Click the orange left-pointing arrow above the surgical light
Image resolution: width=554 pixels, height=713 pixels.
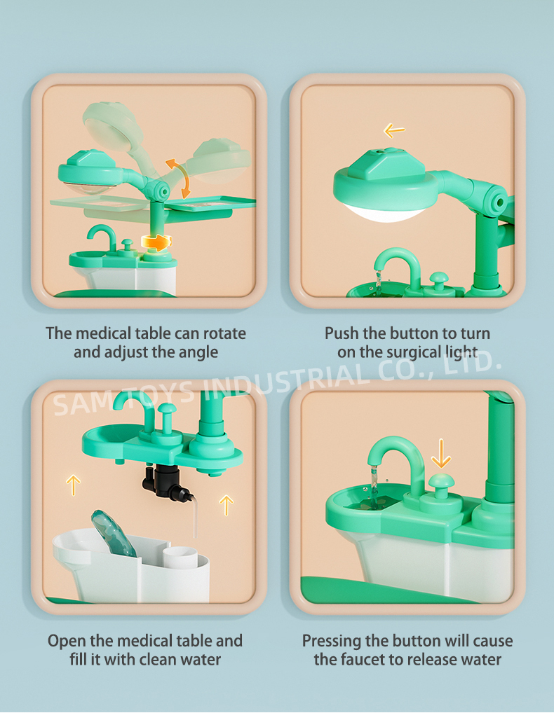coord(394,131)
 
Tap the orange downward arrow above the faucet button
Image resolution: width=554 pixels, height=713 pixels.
coord(440,453)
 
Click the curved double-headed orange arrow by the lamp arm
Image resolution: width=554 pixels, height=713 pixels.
coord(178,178)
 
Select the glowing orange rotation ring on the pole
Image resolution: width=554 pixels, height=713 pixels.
coord(157,243)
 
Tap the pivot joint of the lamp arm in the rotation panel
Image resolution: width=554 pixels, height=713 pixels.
coord(160,191)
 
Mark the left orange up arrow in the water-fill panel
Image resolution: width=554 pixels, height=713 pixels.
coord(74,485)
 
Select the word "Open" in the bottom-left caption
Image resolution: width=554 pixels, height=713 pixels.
coord(67,641)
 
